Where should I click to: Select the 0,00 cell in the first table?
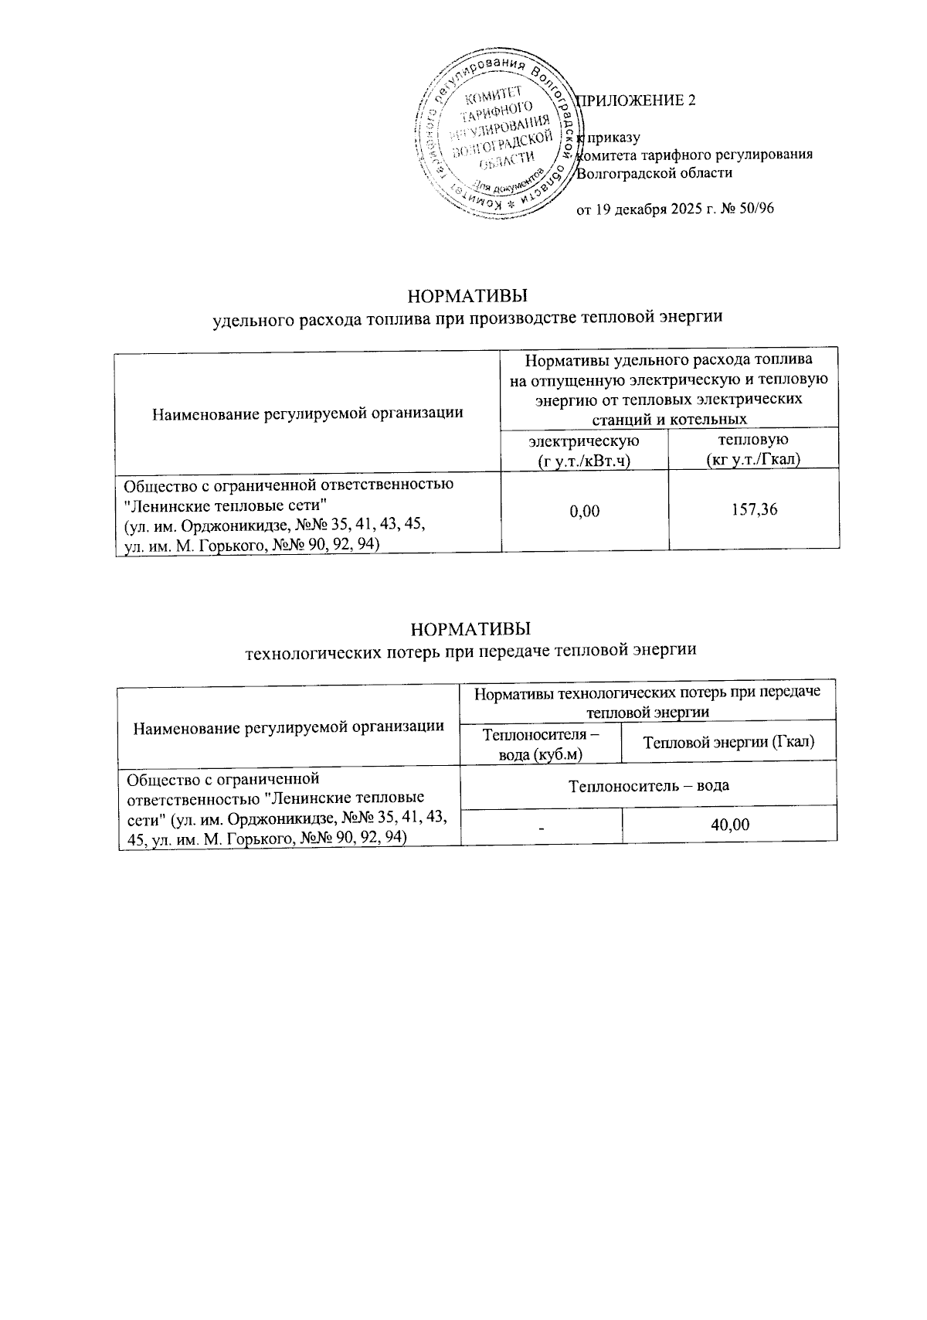[x=584, y=510]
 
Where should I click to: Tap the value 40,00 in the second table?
[x=729, y=825]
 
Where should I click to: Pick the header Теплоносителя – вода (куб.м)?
[x=541, y=742]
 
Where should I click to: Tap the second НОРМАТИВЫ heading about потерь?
[x=470, y=627]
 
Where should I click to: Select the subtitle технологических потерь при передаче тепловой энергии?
[x=470, y=650]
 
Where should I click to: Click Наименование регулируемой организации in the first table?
[x=307, y=412]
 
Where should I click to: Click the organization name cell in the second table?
[x=289, y=807]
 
